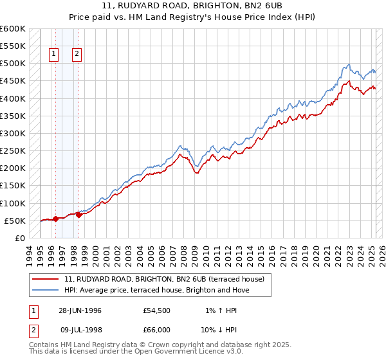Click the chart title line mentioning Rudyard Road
(x=193, y=6)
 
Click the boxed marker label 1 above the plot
(x=53, y=55)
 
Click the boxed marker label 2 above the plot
(x=77, y=55)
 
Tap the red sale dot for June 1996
(x=56, y=219)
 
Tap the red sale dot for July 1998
(x=78, y=215)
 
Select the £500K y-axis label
(x=12, y=64)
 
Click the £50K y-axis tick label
(x=14, y=221)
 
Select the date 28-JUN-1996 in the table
(x=80, y=310)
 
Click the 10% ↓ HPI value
(x=221, y=331)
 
